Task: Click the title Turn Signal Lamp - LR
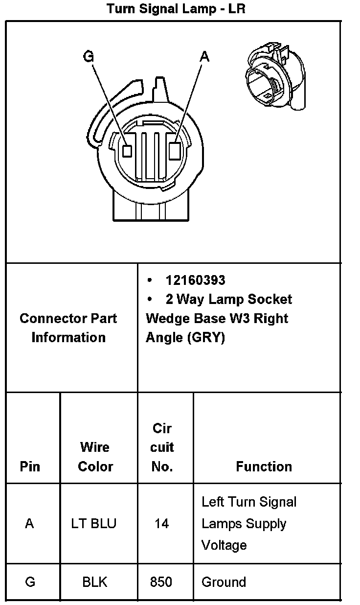(176, 9)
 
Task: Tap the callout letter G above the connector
(89, 57)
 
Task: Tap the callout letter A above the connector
(205, 57)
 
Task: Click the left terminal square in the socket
(128, 151)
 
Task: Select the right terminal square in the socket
(175, 150)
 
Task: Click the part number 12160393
(195, 280)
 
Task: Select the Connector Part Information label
(68, 328)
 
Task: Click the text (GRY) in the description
(205, 338)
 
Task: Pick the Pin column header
(30, 466)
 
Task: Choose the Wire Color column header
(95, 457)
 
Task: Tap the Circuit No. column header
(162, 447)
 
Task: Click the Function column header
(264, 466)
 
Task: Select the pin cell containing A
(30, 523)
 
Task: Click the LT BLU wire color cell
(94, 523)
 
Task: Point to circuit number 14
(161, 524)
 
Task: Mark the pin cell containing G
(30, 582)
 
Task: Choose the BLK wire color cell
(95, 582)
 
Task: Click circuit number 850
(161, 582)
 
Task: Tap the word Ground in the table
(224, 582)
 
